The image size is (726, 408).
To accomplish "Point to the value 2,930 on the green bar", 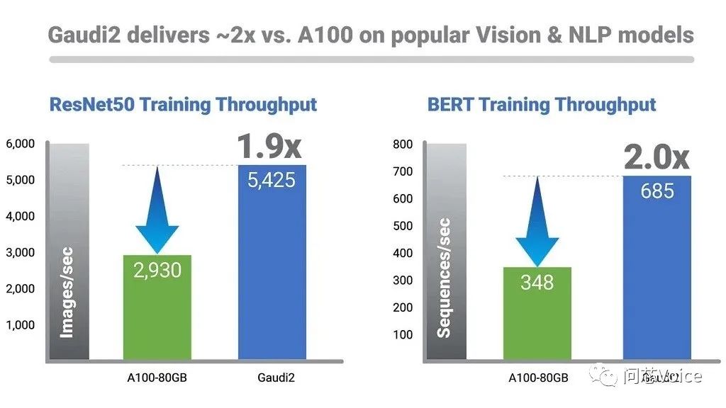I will point(157,270).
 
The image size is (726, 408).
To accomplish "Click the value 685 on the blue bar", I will point(657,191).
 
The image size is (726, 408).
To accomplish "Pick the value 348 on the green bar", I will point(537,282).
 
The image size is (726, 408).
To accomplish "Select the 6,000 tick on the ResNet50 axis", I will point(20,144).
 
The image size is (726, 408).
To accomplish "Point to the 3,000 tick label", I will point(20,252).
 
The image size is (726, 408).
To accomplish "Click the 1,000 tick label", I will point(20,325).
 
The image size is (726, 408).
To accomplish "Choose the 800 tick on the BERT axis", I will point(402,144).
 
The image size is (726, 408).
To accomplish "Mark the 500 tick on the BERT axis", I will point(402,226).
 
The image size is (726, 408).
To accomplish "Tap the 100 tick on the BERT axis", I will point(402,334).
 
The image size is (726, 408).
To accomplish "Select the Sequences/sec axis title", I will point(444,277).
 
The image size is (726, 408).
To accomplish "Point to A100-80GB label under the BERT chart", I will point(538,378).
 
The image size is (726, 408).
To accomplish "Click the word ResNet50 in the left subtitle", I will point(91,105).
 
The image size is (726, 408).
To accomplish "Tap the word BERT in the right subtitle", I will point(450,105).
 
